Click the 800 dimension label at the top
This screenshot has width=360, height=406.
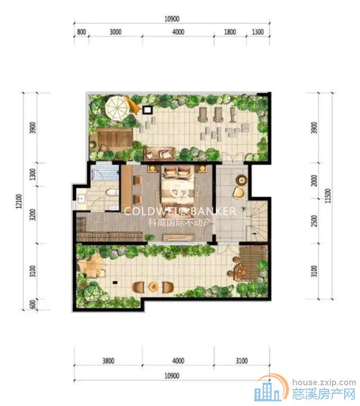coord(82,32)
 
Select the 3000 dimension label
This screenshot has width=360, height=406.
coord(115,32)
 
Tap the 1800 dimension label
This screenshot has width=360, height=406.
coord(230,32)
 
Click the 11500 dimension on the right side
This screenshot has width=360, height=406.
coord(328,196)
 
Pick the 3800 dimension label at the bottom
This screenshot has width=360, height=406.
coord(108,361)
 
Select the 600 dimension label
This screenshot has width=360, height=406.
coord(33,305)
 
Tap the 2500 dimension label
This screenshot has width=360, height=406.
coord(314,220)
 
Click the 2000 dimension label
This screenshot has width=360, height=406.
coord(314,180)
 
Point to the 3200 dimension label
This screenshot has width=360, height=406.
coord(33,215)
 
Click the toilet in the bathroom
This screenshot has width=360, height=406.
coord(112,192)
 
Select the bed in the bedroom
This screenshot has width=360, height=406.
coord(177,184)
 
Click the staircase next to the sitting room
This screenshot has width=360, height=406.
coord(257,220)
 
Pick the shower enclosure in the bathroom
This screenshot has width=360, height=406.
coord(105,172)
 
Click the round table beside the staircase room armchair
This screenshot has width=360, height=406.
coord(242,180)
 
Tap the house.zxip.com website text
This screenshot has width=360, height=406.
coord(325,382)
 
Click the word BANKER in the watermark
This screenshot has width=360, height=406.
coord(213,211)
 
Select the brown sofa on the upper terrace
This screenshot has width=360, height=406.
coord(159,154)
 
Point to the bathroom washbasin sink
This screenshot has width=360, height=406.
coord(80,199)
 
